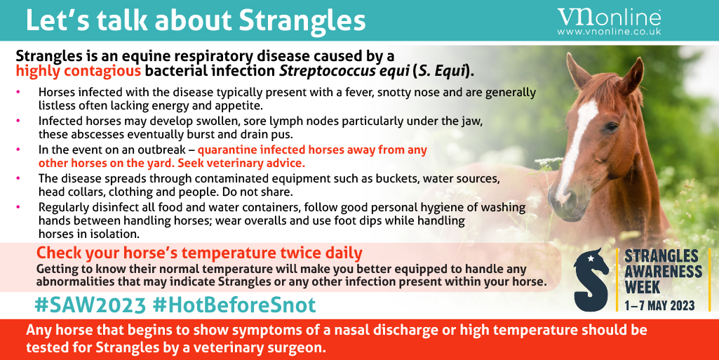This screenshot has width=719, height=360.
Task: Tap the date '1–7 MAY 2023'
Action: [x=659, y=305]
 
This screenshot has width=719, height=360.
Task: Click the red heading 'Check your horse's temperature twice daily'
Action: [x=199, y=253]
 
